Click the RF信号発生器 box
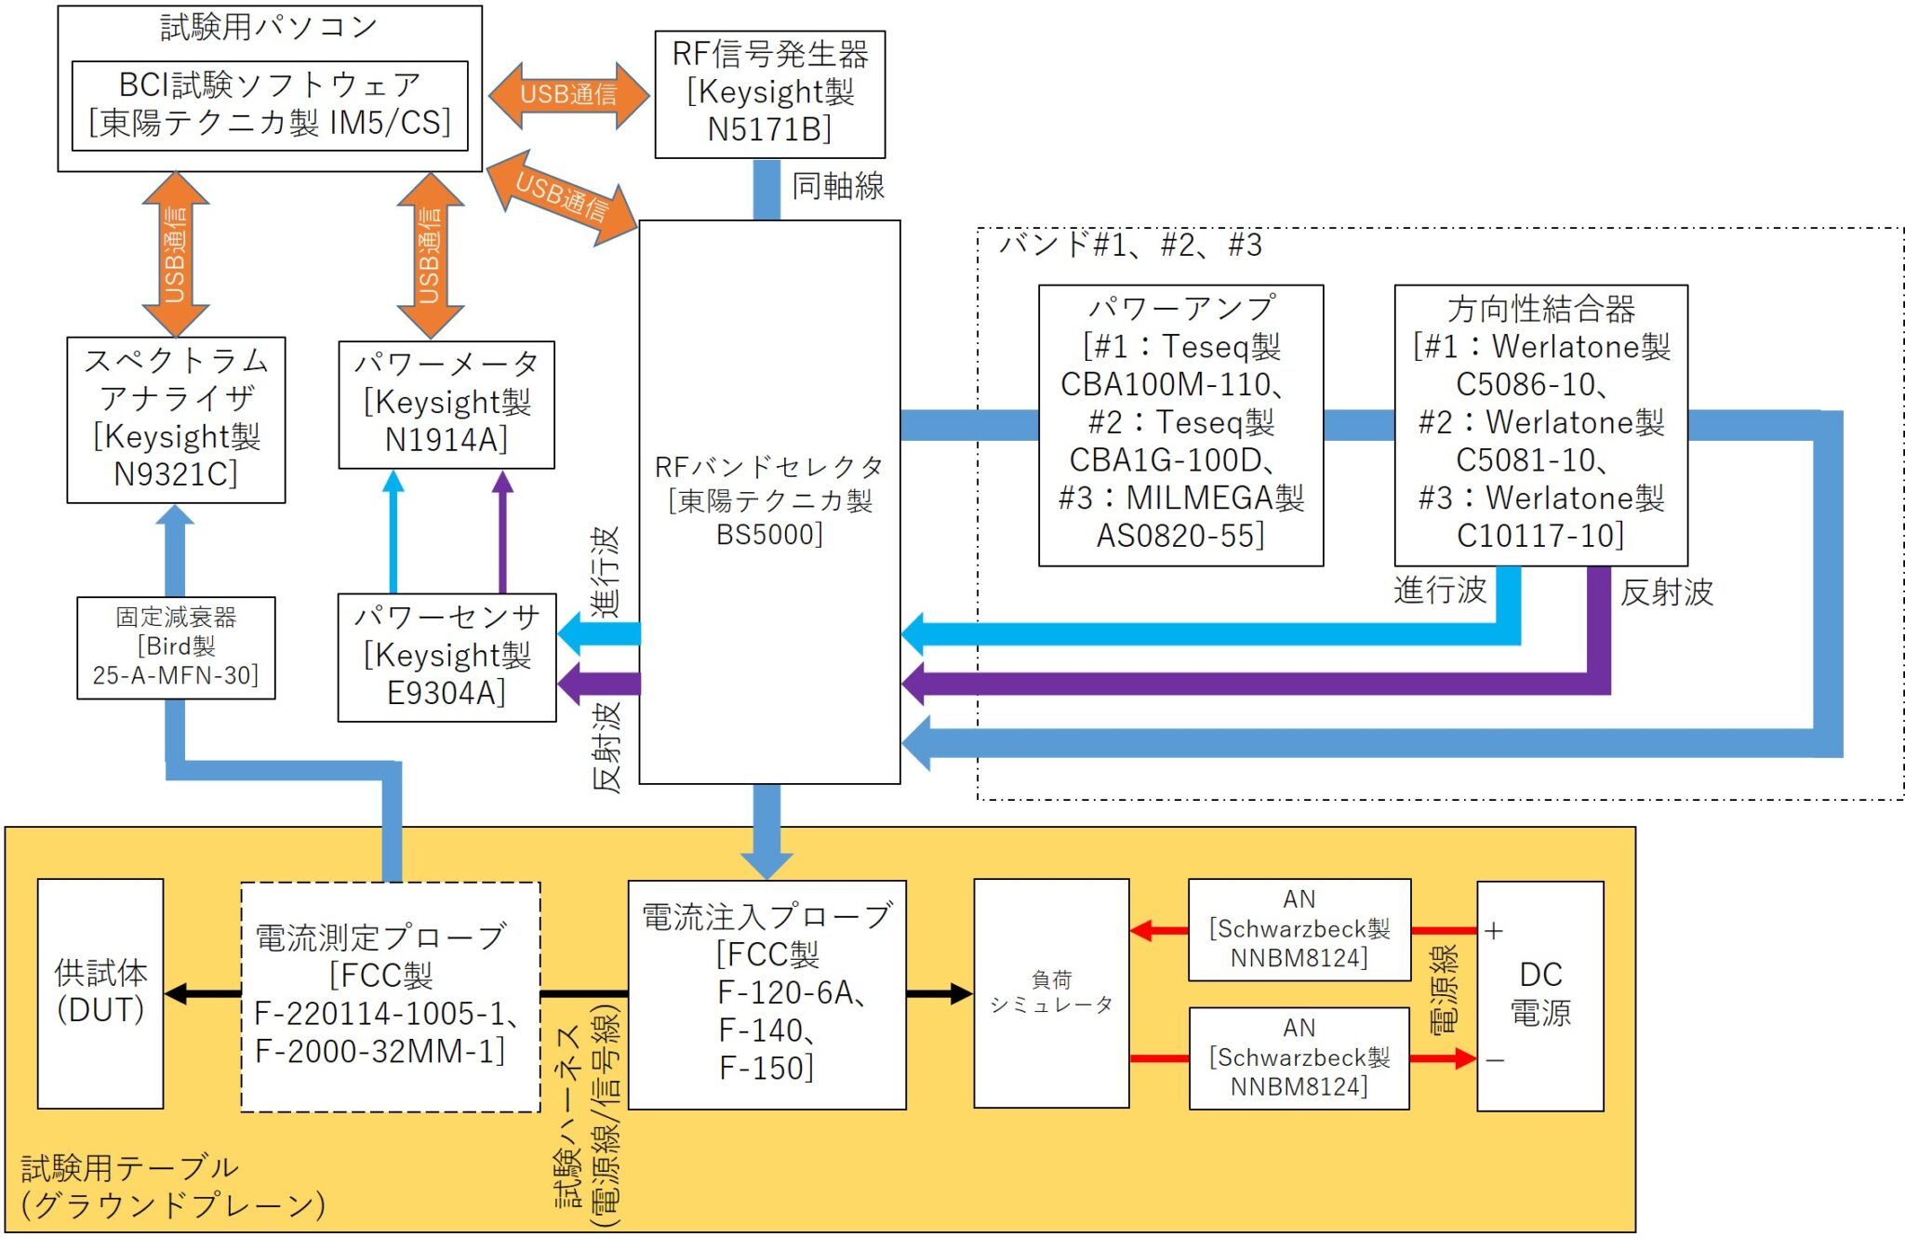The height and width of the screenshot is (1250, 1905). (x=769, y=93)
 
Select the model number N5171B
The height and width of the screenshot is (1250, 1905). (x=769, y=130)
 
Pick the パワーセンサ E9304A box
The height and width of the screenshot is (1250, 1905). (x=446, y=657)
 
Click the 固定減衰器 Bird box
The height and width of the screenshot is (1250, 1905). (x=176, y=647)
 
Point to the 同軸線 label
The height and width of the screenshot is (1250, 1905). (x=837, y=186)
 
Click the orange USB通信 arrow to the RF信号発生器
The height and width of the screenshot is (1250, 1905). (x=567, y=95)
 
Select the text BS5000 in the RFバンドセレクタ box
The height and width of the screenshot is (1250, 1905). (x=769, y=535)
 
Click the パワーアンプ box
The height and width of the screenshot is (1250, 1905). (x=1180, y=424)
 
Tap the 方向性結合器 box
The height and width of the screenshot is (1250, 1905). (x=1540, y=424)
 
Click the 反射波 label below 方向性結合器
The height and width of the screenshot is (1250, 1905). (x=1666, y=592)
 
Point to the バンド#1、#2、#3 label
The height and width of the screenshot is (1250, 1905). (x=1130, y=246)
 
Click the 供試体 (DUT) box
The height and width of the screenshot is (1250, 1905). (x=100, y=992)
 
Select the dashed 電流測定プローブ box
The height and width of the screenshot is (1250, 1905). (x=390, y=996)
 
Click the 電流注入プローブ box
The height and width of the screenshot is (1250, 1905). (x=766, y=993)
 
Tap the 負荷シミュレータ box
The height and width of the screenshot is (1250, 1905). (x=1051, y=992)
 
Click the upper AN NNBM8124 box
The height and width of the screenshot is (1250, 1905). (x=1299, y=929)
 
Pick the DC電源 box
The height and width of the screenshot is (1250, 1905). (x=1540, y=995)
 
